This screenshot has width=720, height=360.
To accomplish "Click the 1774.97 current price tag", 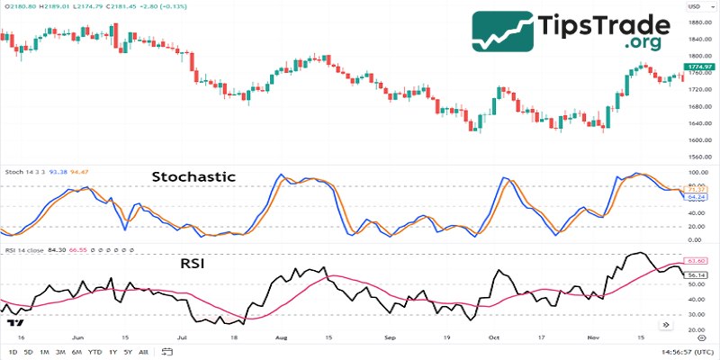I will (697, 67).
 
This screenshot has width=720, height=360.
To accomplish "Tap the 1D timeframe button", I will (13, 353).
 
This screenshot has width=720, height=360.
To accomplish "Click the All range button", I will (143, 353).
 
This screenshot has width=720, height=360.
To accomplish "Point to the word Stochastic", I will (193, 177).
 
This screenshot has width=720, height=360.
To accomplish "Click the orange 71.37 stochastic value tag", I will (695, 187).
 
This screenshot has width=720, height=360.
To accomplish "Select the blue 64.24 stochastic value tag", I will (695, 195).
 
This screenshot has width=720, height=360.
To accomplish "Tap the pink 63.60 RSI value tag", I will (695, 261).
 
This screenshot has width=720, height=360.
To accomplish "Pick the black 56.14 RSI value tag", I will (695, 274).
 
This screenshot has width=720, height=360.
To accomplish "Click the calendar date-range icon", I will (168, 353).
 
